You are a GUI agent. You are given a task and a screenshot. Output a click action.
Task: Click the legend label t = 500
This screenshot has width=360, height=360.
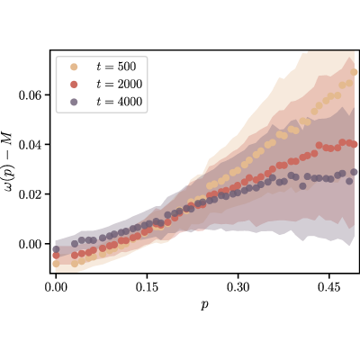[116, 67]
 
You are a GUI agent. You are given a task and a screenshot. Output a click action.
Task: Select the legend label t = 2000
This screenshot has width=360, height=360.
[120, 85]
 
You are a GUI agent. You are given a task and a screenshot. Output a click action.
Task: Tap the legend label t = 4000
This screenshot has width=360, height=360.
[120, 102]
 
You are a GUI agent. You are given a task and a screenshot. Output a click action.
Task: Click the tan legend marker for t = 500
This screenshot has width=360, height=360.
[74, 67]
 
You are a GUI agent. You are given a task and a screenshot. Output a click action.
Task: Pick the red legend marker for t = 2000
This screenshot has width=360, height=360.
[74, 85]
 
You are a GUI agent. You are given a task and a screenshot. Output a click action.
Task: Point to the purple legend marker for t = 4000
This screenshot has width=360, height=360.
[74, 103]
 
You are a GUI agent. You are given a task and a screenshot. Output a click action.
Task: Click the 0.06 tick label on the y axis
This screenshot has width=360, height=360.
[30, 95]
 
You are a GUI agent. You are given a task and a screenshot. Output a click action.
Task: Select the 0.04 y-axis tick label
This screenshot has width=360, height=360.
[30, 145]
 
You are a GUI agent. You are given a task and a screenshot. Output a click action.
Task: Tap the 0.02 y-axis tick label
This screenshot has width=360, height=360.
[30, 194]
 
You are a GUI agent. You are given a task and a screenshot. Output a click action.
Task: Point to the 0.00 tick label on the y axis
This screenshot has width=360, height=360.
[30, 245]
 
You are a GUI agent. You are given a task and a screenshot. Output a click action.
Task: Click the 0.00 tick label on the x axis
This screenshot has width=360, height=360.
[56, 287]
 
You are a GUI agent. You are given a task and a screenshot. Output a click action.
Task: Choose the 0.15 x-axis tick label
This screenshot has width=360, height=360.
[147, 287]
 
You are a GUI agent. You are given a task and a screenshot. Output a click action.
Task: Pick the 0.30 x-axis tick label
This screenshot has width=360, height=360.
[238, 287]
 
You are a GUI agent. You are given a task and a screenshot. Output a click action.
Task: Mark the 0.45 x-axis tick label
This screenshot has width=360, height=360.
[329, 287]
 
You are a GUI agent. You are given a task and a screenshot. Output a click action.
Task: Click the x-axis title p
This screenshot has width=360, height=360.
[204, 305]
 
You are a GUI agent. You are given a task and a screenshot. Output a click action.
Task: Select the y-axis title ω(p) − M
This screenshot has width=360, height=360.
[8, 162]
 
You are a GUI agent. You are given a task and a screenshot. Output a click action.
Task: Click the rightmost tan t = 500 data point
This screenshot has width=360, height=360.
[354, 72]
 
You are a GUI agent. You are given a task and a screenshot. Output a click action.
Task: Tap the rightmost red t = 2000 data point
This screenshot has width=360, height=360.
[355, 145]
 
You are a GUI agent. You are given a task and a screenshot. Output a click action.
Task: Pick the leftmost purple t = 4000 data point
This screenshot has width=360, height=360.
[56, 249]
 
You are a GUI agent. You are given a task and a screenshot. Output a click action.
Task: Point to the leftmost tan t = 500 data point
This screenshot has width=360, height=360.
[56, 264]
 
